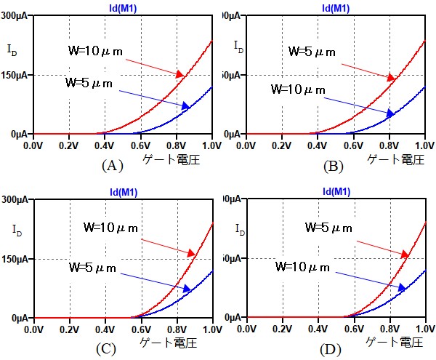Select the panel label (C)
106,349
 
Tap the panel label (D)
331,349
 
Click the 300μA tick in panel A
16,15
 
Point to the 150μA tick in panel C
16,259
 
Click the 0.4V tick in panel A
104,145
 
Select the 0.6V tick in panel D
353,329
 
